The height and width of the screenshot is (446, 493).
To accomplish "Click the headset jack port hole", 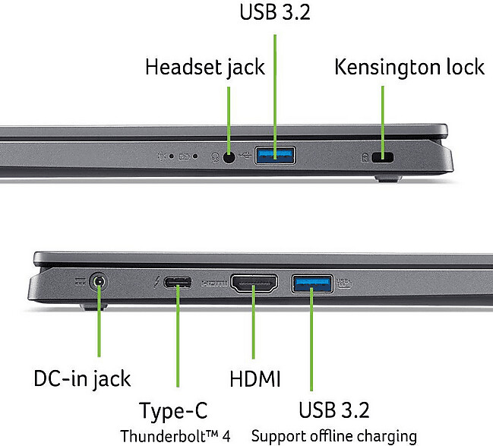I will (x=229, y=157).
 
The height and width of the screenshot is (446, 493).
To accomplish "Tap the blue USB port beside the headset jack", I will (x=274, y=157).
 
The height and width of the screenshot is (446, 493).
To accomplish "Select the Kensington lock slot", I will (x=385, y=157).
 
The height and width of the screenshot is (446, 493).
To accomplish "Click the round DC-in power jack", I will (x=98, y=284).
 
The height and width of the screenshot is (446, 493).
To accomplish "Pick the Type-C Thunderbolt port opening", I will (x=178, y=284).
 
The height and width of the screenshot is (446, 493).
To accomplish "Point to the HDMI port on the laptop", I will (x=253, y=285).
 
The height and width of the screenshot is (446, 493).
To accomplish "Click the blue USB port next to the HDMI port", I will (x=311, y=284).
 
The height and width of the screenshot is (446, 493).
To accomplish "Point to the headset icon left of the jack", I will (x=215, y=157).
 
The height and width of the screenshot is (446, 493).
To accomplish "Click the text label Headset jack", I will (x=205, y=67).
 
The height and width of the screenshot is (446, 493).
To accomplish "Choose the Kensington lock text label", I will (x=409, y=67).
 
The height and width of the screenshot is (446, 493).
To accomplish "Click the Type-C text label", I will (x=173, y=411).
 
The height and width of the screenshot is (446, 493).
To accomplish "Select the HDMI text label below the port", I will (x=255, y=378).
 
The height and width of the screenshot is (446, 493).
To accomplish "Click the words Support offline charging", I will (x=333, y=436).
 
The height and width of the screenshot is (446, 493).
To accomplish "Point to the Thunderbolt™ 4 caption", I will (x=175, y=436).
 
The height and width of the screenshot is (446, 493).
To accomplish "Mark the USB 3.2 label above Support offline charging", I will (x=334, y=411).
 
